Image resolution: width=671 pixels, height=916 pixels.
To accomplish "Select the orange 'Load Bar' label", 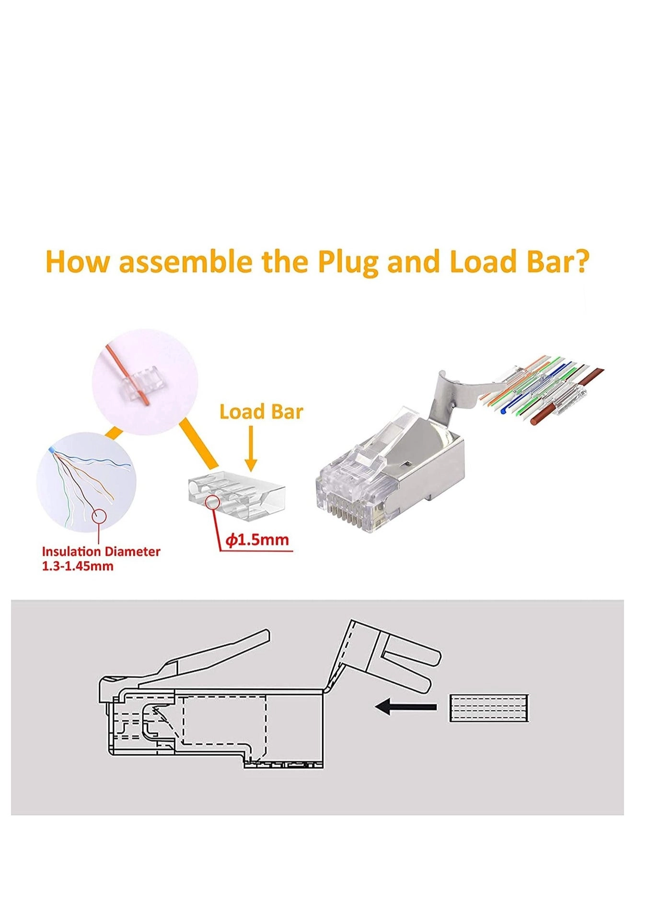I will pyautogui.click(x=261, y=412).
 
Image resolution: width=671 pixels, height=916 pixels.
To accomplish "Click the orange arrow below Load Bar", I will pyautogui.click(x=251, y=448).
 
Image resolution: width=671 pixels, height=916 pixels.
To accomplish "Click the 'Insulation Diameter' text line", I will pyautogui.click(x=101, y=552).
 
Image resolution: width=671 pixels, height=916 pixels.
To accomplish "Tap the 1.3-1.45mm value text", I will pyautogui.click(x=78, y=566).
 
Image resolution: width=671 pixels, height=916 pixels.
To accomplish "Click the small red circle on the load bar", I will pyautogui.click(x=213, y=503).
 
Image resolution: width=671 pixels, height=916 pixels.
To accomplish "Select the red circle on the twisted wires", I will pyautogui.click(x=99, y=516).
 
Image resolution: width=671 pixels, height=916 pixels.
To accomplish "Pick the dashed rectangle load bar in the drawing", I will pyautogui.click(x=489, y=708).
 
